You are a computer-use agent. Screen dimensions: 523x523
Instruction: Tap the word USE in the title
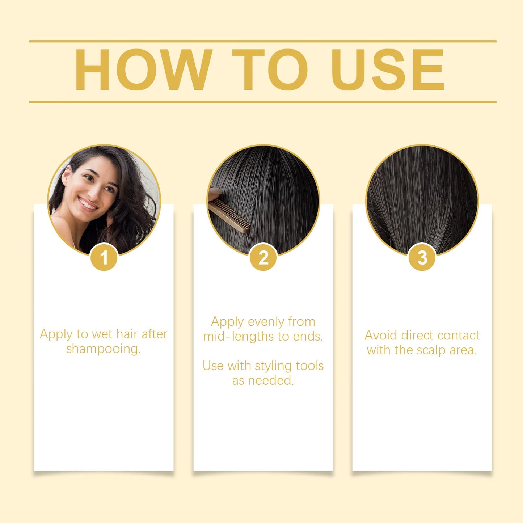pos(387,69)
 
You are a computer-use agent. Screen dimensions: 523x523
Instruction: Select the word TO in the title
pos(270,69)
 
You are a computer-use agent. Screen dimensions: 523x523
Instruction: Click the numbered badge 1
pos(104,258)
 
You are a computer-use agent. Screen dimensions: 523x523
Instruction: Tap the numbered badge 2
pos(263,258)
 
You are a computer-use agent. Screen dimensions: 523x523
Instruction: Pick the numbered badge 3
pos(422,258)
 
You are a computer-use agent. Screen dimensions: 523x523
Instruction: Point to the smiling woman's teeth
pos(88,204)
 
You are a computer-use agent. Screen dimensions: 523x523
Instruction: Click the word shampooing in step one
pos(103,349)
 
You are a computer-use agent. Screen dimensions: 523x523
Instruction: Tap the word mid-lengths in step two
pos(239,337)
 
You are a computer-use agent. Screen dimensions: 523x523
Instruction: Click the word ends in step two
pos(307,337)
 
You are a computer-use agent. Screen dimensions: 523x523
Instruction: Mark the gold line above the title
pos(262,41)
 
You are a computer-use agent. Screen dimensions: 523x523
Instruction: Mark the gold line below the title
pos(262,102)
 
